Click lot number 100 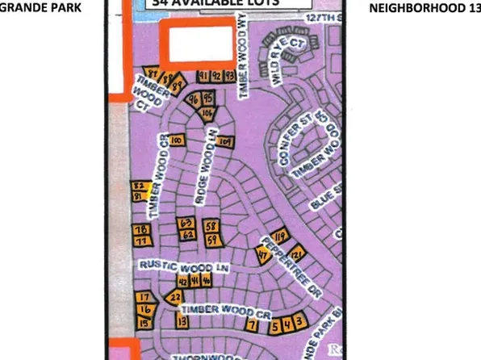point(176,140)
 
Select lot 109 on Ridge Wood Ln point(225,142)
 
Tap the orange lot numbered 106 point(207,112)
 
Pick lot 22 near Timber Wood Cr point(175,297)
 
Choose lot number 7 point(253,325)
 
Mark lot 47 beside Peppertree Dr point(263,253)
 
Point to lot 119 point(280,237)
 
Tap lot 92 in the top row point(216,75)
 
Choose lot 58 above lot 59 point(211,225)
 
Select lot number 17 point(144,297)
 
